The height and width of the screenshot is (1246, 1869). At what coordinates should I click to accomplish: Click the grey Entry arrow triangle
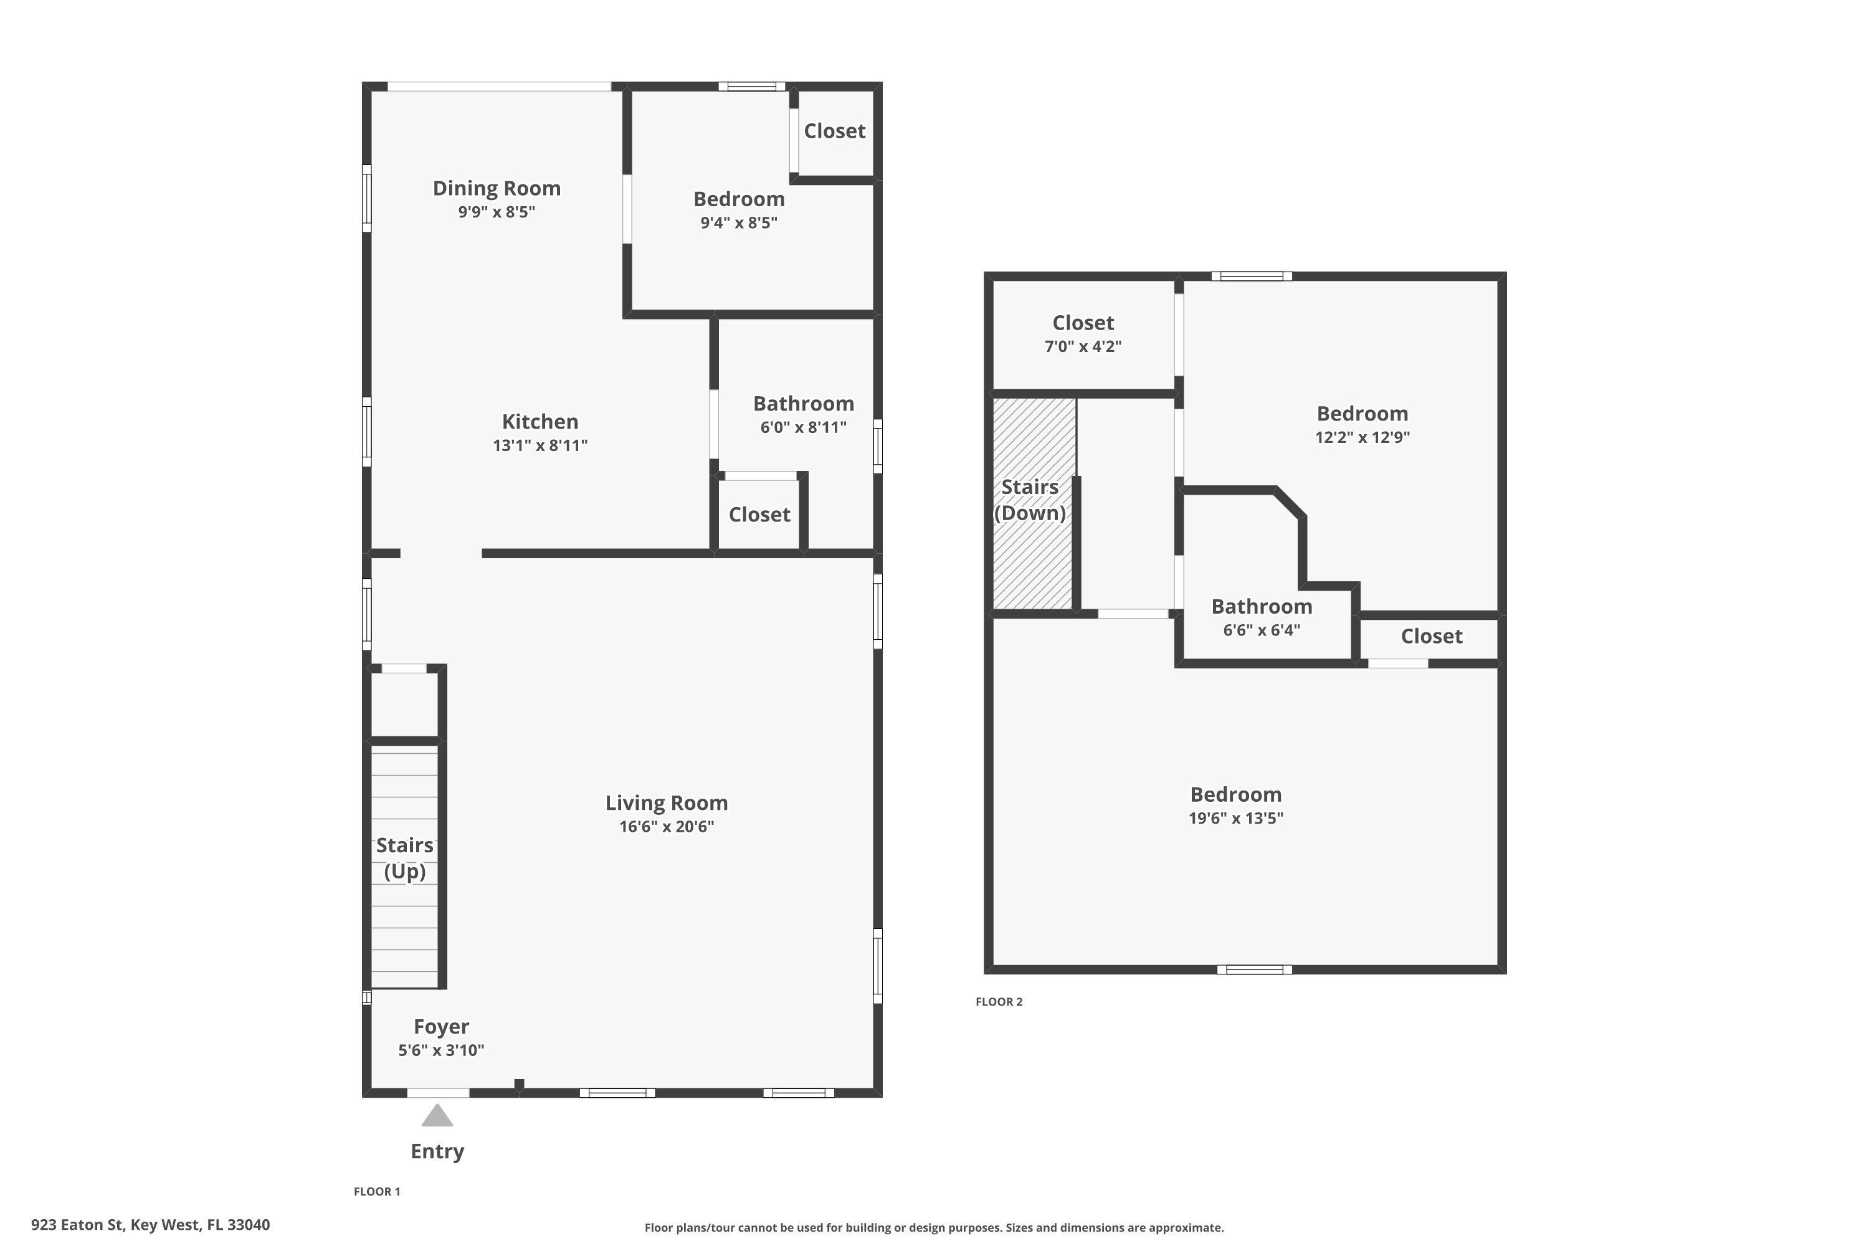pyautogui.click(x=437, y=1116)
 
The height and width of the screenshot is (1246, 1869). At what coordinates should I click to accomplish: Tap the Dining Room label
pyautogui.click(x=497, y=188)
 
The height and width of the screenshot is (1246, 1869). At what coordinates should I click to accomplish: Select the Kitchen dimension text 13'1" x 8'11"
pyautogui.click(x=540, y=445)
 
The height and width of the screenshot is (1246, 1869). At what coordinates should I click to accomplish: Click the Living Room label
pyautogui.click(x=666, y=802)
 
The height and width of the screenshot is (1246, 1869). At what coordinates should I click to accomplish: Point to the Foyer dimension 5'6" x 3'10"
pyautogui.click(x=441, y=1050)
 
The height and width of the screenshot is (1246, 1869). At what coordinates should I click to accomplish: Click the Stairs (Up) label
pyautogui.click(x=404, y=858)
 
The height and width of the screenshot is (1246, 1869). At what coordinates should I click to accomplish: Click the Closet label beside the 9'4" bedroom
pyautogui.click(x=834, y=131)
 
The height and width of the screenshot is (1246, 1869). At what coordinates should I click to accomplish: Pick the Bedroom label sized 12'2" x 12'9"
pyautogui.click(x=1361, y=413)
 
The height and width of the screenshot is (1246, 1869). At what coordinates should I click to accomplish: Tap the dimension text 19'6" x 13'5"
pyautogui.click(x=1235, y=817)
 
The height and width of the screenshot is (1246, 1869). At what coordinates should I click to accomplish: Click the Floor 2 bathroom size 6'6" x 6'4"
pyautogui.click(x=1261, y=630)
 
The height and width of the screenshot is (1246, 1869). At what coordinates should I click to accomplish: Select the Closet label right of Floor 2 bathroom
pyautogui.click(x=1430, y=635)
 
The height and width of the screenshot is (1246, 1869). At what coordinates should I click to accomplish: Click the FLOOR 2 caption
pyautogui.click(x=999, y=1001)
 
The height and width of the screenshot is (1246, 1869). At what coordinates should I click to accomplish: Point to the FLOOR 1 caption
pyautogui.click(x=377, y=1191)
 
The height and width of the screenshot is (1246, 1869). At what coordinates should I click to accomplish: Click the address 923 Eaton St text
pyautogui.click(x=150, y=1225)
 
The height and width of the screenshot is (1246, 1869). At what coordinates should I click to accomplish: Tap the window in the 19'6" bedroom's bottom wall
pyautogui.click(x=1254, y=969)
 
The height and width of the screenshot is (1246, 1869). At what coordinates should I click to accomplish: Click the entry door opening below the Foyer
pyautogui.click(x=438, y=1093)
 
